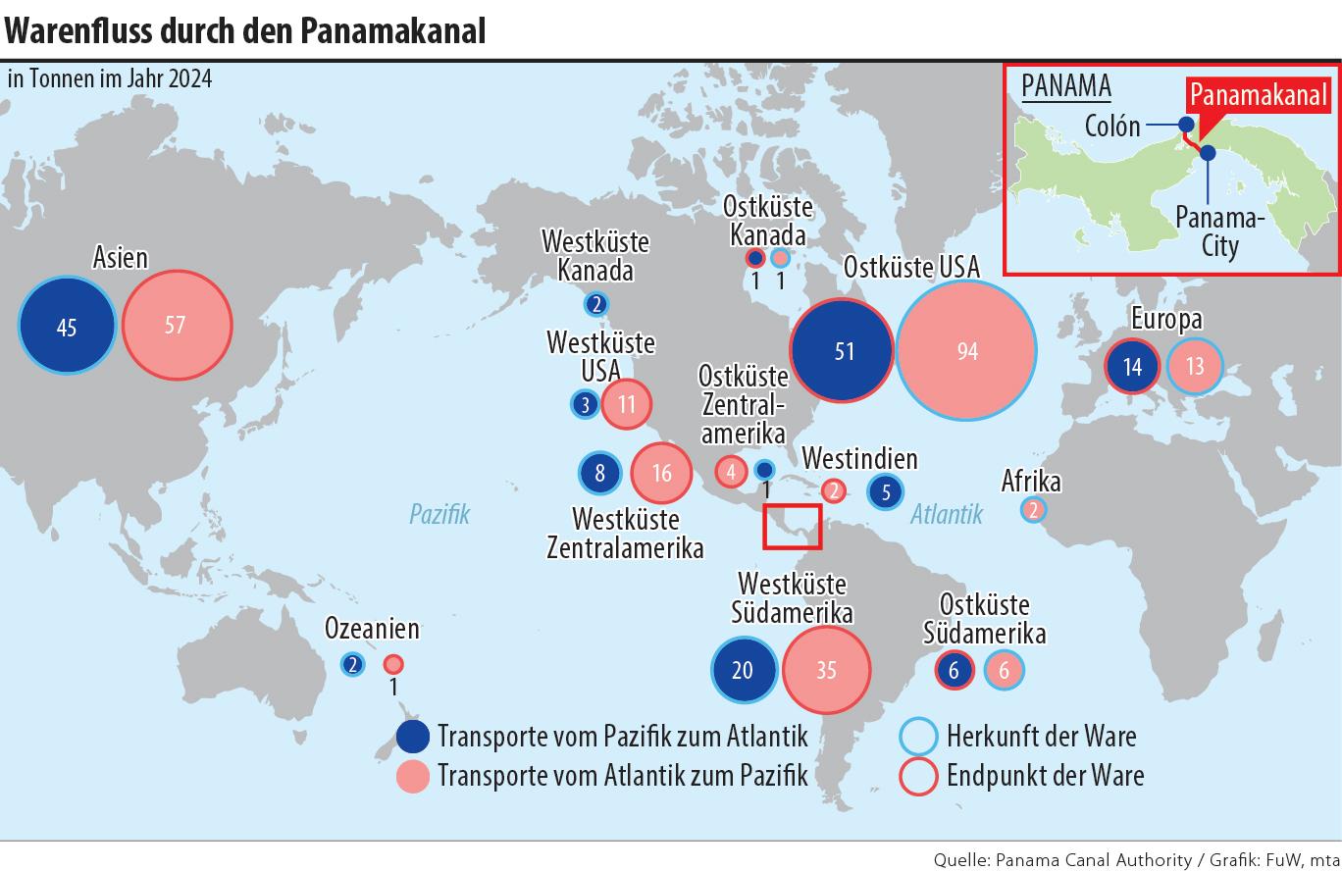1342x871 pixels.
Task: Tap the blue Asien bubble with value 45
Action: [x=67, y=327]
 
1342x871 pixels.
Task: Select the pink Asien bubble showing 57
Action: [x=177, y=324]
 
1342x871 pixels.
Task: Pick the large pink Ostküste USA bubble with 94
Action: [x=967, y=350]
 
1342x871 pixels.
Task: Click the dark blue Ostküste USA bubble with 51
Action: [x=843, y=350]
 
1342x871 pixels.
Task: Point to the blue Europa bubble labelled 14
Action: [x=1132, y=367]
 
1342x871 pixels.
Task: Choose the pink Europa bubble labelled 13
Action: [x=1195, y=366]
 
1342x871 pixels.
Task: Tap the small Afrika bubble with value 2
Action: [x=1033, y=509]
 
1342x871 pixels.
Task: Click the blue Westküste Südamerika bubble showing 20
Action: [x=744, y=670]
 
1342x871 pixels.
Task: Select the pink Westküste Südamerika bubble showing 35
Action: [x=826, y=670]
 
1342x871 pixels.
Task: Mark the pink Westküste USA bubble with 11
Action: [x=626, y=403]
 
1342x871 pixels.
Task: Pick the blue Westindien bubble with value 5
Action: [x=886, y=491]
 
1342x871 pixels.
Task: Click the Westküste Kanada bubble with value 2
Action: [x=596, y=304]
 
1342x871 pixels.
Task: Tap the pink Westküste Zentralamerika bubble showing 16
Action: [x=662, y=473]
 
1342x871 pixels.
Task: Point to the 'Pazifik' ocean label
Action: [x=439, y=513]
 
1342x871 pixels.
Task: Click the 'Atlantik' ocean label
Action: [x=946, y=513]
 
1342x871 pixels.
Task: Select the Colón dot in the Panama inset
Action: [x=1186, y=125]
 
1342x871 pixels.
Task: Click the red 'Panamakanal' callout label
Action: [x=1259, y=95]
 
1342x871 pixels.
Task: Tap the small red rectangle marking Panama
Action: [x=793, y=527]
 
